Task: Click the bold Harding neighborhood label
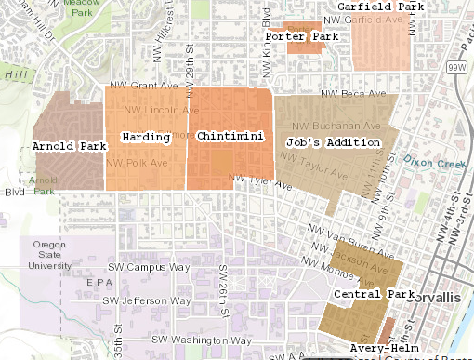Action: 146,138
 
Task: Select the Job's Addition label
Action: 334,142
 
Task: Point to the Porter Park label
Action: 300,37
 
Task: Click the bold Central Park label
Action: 371,295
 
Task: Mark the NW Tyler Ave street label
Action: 265,182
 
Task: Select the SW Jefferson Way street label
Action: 147,301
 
